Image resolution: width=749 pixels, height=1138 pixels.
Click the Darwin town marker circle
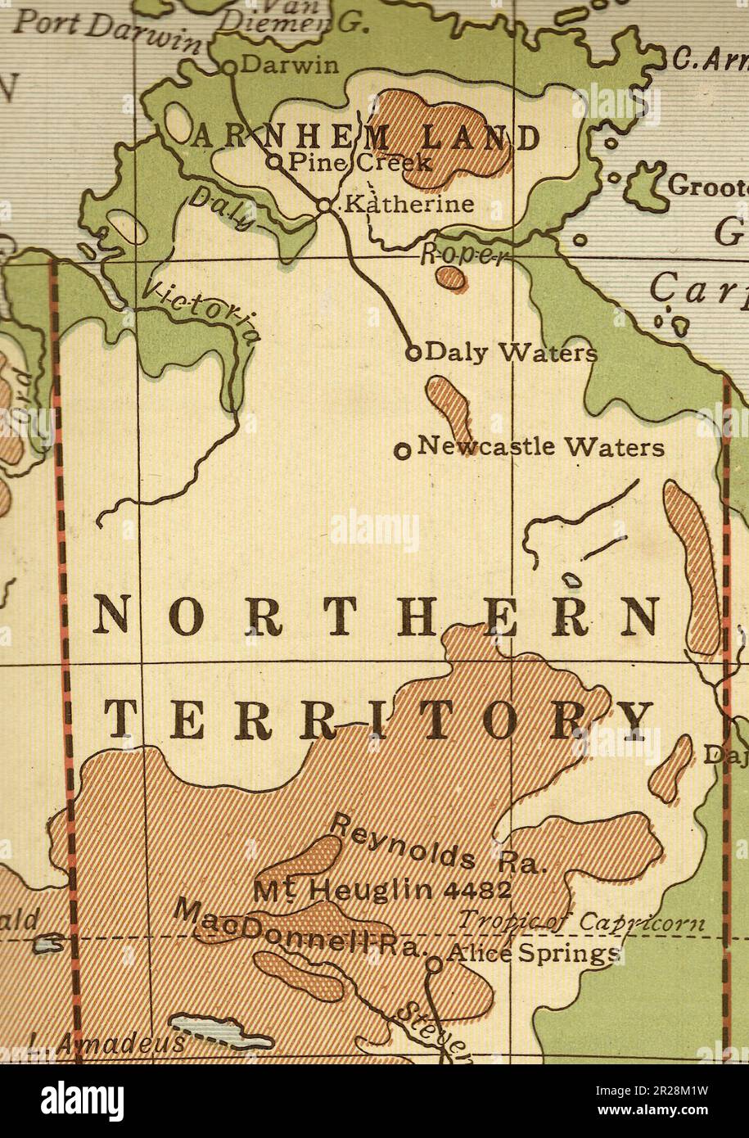(230, 67)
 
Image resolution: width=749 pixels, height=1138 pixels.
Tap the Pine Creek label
(359, 162)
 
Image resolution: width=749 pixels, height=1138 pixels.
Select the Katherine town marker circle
(325, 205)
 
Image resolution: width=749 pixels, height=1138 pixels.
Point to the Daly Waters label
(512, 352)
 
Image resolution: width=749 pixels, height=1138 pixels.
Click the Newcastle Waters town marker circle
(402, 449)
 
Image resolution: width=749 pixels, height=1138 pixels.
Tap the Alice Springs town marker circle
(435, 965)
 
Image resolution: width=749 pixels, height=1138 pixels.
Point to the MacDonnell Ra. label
(300, 931)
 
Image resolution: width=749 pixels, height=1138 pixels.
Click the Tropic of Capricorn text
(581, 923)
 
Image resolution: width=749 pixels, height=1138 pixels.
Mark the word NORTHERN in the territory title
(377, 616)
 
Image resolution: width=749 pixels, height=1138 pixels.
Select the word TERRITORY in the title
(381, 720)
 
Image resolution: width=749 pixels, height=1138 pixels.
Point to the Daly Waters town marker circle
(414, 353)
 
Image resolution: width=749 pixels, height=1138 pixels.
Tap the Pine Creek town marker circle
(275, 162)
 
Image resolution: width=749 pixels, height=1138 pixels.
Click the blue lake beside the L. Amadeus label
(221, 1031)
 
